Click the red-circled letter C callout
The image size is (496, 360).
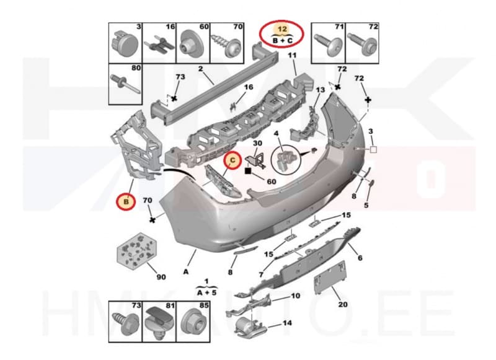232,160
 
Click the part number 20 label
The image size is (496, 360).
342,304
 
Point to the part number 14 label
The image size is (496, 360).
287,323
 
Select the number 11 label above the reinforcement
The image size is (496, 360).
292,56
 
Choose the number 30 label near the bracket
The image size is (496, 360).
257,143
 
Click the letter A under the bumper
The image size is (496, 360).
185,271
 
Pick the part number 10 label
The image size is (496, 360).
295,296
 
